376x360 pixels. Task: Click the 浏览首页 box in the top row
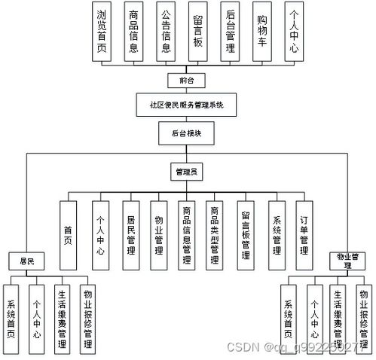point(101,32)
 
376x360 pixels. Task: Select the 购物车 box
point(262,32)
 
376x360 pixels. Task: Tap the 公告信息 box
point(165,32)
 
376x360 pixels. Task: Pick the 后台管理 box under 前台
point(231,32)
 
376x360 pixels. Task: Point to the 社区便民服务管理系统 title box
point(188,105)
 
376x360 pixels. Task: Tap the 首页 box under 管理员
point(69,235)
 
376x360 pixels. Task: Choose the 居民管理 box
point(130,235)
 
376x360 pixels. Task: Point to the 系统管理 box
point(275,235)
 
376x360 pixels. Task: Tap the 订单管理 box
point(303,235)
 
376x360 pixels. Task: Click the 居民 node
point(26,262)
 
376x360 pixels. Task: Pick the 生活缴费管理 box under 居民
point(63,317)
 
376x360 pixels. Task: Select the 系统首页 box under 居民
point(12,317)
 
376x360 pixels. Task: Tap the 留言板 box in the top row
point(197,32)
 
